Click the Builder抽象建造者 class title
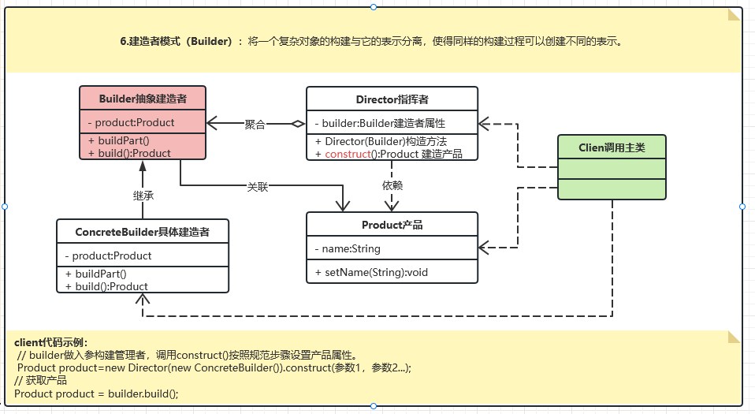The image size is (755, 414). coord(143,99)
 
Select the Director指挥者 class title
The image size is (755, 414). coord(392,99)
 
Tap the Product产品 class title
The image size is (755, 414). coord(392,225)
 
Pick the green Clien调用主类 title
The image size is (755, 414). coord(612,147)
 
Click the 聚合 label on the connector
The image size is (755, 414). coord(255,124)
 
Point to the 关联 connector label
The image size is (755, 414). coord(258,187)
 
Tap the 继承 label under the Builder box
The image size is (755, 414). coord(143,194)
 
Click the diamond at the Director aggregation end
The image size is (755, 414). coord(297,123)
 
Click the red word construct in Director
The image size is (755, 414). coord(347,154)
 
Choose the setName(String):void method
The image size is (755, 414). coord(370,272)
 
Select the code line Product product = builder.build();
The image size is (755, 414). coord(96,393)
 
